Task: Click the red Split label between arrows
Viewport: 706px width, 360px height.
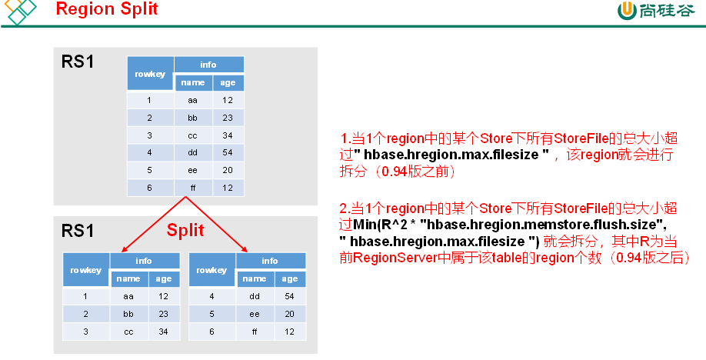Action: coord(185,230)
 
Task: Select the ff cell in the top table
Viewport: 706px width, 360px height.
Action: coord(192,187)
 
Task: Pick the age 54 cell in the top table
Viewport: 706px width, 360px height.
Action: coord(228,153)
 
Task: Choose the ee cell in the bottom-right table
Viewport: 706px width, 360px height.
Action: coord(254,313)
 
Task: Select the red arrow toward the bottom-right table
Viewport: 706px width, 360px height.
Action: coord(217,224)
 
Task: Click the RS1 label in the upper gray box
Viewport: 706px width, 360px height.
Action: coord(78,62)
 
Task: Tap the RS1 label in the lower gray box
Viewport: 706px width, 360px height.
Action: coord(78,230)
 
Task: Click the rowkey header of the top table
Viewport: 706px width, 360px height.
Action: coord(150,74)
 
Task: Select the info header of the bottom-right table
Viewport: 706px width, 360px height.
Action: coord(269,262)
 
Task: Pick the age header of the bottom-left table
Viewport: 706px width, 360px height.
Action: coord(163,279)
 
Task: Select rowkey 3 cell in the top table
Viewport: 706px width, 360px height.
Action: coord(150,135)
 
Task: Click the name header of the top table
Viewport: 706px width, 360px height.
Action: coord(192,82)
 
